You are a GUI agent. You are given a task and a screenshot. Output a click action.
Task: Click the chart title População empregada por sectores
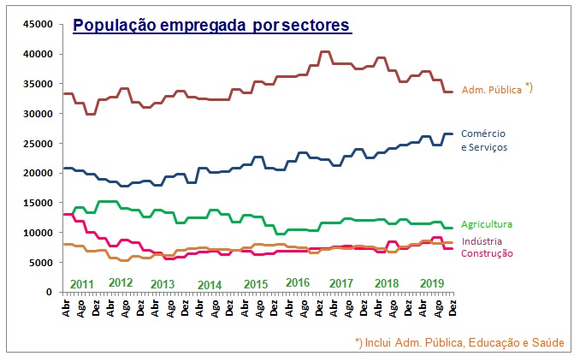[x=212, y=26]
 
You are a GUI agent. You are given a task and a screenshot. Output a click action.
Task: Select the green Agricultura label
[x=487, y=224]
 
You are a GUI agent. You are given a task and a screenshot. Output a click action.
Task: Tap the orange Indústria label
[x=482, y=242]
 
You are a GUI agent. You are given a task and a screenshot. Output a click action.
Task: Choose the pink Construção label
[x=487, y=252]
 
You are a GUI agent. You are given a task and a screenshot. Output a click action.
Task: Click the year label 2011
[x=82, y=283]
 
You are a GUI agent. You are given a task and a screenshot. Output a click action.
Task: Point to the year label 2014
[x=210, y=284]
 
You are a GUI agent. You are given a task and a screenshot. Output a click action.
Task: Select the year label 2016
[x=298, y=282]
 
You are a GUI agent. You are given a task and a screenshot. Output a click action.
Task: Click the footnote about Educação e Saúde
[x=459, y=343]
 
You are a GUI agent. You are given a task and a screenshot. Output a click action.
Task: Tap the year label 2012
[x=121, y=282]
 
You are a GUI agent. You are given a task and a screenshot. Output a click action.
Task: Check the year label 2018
[x=387, y=282]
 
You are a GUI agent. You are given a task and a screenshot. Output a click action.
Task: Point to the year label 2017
[x=341, y=282]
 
